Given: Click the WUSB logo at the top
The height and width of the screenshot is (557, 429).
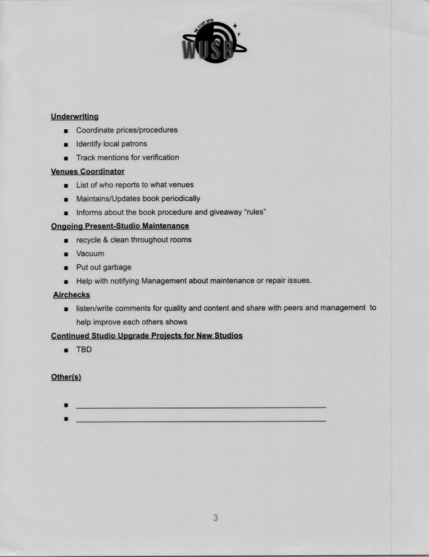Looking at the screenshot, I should pyautogui.click(x=213, y=42).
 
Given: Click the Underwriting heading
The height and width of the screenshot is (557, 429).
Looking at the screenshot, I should pyautogui.click(x=74, y=116).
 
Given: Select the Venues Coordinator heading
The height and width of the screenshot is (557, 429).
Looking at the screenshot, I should pyautogui.click(x=87, y=171).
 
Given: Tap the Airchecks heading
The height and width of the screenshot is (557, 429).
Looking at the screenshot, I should pyautogui.click(x=71, y=295).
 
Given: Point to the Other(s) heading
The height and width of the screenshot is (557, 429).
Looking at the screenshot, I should pyautogui.click(x=66, y=377).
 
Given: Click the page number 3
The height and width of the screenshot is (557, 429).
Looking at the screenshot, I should pyautogui.click(x=215, y=518).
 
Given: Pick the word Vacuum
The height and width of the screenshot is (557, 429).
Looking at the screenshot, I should pyautogui.click(x=90, y=253).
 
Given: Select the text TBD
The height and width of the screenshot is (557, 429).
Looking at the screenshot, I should pyautogui.click(x=84, y=350).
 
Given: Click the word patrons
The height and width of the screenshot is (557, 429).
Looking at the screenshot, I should pyautogui.click(x=134, y=144).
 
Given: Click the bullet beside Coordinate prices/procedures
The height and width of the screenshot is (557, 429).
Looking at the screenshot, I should pyautogui.click(x=66, y=131).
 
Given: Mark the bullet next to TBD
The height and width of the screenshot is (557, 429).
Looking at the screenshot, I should pyautogui.click(x=66, y=350).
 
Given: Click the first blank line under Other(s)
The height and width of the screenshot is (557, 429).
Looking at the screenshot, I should pyautogui.click(x=201, y=406).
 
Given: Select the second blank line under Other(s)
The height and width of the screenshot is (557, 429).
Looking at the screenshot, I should pyautogui.click(x=201, y=420).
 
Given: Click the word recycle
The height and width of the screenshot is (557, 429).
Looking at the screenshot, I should pyautogui.click(x=88, y=240).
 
